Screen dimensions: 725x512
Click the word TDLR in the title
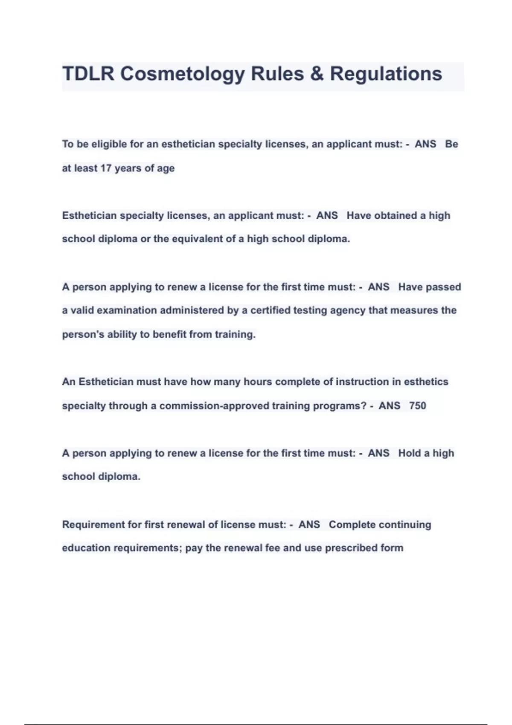pos(88,74)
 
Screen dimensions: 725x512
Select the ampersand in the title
pos(317,74)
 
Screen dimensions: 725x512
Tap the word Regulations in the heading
pos(386,74)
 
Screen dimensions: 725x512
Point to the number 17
pos(106,168)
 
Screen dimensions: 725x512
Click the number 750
pos(417,406)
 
